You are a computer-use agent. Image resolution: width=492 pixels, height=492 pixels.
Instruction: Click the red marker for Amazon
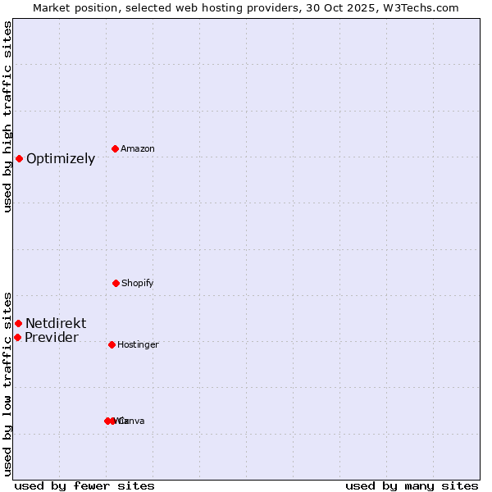pos(116,148)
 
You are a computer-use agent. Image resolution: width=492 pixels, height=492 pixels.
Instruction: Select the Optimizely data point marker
pos(19,158)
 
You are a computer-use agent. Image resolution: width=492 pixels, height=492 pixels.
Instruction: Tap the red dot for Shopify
pos(116,283)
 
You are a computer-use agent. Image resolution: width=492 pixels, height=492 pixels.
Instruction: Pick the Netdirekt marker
pos(18,323)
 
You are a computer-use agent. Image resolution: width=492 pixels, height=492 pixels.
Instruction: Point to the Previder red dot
pos(17,337)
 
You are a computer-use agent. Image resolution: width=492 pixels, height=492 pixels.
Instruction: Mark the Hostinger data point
pos(112,344)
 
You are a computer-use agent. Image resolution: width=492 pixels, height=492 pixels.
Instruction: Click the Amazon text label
pos(138,148)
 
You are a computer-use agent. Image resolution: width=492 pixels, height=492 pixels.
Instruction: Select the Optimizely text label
pos(61,159)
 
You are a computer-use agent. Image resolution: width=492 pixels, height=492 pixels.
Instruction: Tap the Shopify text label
pos(138,283)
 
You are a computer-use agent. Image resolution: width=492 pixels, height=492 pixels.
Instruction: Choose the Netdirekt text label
pos(56,323)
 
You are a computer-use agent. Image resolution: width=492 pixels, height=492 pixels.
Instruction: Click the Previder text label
pos(52,338)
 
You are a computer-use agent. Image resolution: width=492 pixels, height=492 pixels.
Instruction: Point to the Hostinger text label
pos(138,344)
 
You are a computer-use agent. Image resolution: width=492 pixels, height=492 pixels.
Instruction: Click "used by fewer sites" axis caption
pos(84,485)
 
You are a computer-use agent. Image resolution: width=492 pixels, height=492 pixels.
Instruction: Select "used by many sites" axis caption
pos(412,485)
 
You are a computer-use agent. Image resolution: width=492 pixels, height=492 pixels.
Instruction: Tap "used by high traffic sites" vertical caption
pos(7,117)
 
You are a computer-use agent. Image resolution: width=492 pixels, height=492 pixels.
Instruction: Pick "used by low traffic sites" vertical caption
pos(7,383)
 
